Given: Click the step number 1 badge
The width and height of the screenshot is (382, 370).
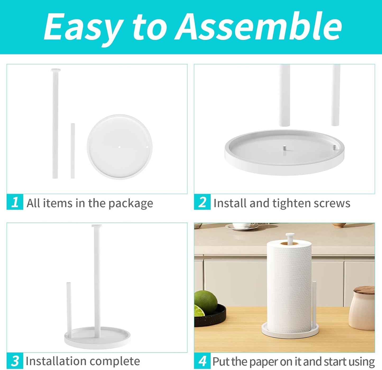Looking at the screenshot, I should (x=15, y=202).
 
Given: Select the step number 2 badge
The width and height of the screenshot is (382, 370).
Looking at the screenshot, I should (x=202, y=202).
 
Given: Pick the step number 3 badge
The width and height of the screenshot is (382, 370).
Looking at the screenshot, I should (x=15, y=361).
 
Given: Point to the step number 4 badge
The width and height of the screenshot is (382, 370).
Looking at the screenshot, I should (x=202, y=361).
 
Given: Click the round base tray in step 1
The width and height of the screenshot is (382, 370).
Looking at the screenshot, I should (x=120, y=147).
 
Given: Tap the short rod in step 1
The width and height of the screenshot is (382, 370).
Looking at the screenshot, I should (x=72, y=151).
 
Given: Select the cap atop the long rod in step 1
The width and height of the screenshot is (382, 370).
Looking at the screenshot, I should (x=56, y=70).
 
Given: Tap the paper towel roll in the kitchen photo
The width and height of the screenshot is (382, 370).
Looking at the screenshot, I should (x=289, y=285).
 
